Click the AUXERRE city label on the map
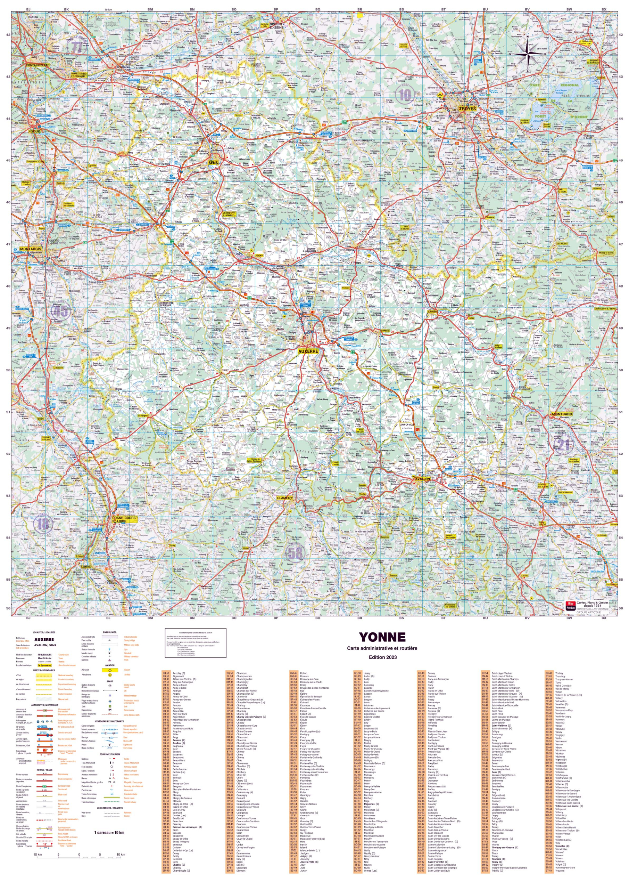tap(308, 351)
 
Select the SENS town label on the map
tap(213, 163)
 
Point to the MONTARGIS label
tap(30, 249)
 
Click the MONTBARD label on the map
tap(562, 414)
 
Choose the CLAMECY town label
tap(284, 498)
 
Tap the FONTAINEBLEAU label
tap(38, 65)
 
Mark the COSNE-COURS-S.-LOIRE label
tap(124, 519)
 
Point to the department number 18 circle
tap(43, 524)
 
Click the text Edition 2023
tap(382, 657)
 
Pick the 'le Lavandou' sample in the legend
tap(44, 665)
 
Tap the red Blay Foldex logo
tap(570, 606)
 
